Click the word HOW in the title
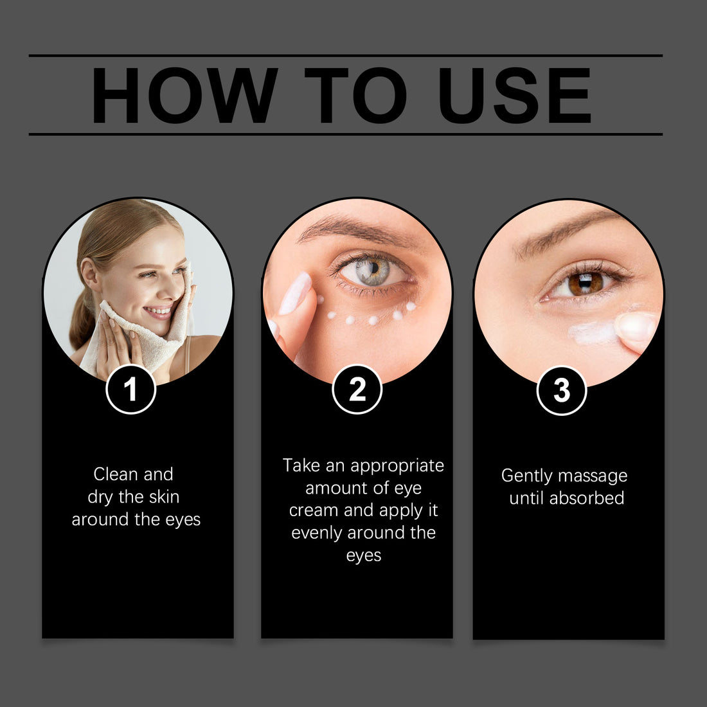point(184,95)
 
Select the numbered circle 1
point(130,389)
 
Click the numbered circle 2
point(357,389)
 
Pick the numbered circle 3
point(561,391)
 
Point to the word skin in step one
point(164,497)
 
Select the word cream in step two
point(314,510)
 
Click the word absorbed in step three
point(586,497)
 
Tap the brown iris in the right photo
point(586,283)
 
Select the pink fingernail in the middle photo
point(296,293)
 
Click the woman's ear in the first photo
point(90,274)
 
